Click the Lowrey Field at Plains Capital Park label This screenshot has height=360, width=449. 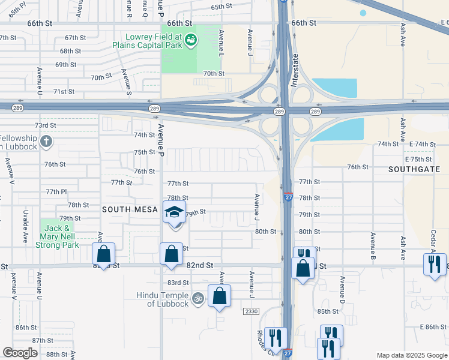click(147, 41)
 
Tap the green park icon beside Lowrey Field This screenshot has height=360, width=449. click(191, 41)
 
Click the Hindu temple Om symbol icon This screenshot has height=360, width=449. click(197, 297)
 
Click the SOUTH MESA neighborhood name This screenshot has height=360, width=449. click(130, 209)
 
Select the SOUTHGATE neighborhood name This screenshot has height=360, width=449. click(414, 170)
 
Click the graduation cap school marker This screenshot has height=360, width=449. click(175, 213)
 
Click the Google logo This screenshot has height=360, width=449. click(20, 353)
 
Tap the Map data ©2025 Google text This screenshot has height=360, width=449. click(411, 355)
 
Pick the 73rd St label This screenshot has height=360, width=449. click(45, 125)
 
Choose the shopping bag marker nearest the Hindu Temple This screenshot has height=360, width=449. click(219, 296)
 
